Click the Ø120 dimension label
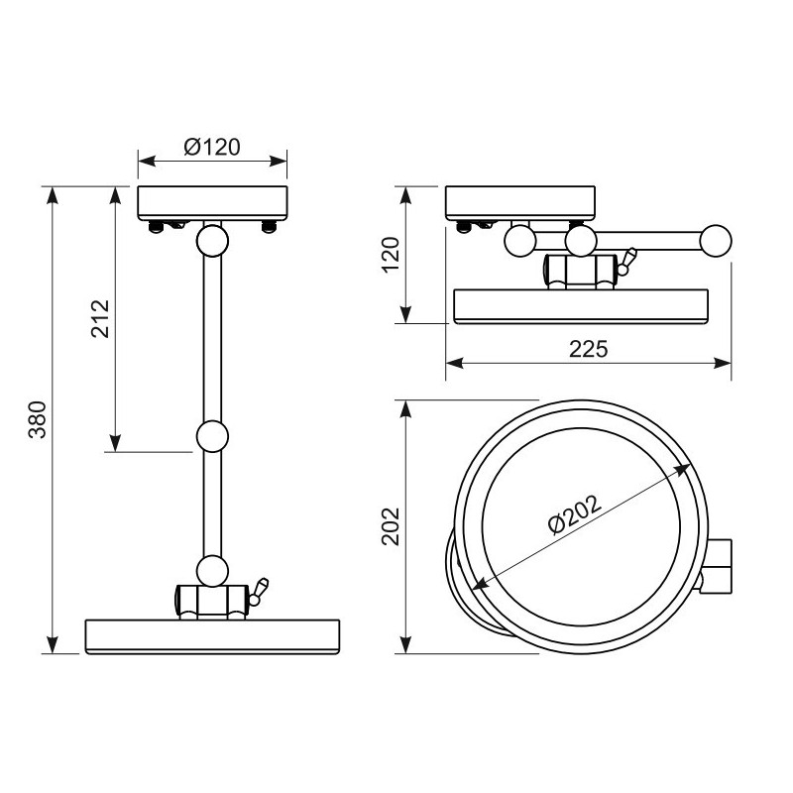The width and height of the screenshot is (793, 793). click(212, 147)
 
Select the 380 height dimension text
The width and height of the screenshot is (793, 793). click(38, 419)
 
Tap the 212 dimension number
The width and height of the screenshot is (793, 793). click(100, 318)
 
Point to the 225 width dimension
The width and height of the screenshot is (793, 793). click(588, 349)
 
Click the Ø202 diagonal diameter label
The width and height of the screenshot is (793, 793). click(575, 513)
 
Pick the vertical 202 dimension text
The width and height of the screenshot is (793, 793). click(391, 526)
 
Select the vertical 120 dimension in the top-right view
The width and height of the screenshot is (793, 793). click(391, 255)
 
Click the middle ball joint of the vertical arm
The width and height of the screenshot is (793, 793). click(212, 436)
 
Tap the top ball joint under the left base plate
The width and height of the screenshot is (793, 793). click(212, 241)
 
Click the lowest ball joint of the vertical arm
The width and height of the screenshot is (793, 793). click(212, 571)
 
